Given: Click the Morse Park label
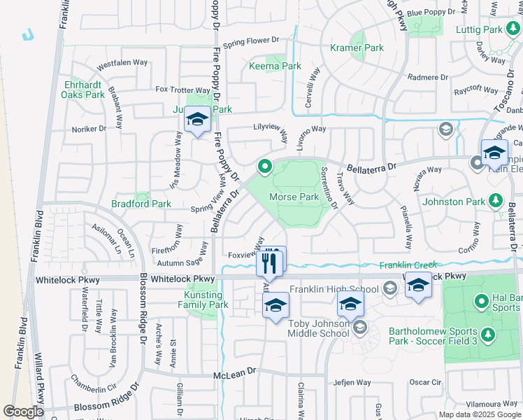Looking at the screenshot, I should tap(294, 197).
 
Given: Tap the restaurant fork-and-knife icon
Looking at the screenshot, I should tap(269, 263).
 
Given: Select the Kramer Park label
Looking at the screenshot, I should tap(357, 48).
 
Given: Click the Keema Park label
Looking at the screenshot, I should tap(275, 66).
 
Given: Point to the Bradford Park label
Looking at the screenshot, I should tap(141, 204).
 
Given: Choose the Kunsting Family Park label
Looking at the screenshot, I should tap(203, 300).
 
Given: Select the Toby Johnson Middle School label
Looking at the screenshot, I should tap(319, 328).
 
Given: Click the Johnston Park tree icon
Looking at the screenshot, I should tap(495, 202).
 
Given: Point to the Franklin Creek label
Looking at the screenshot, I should tap(408, 265).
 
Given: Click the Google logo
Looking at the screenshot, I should tap(24, 412).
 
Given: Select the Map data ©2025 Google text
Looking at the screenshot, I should tap(479, 414).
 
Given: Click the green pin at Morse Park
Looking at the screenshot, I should tap(264, 167).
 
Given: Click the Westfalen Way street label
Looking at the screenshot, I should tap(122, 63).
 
